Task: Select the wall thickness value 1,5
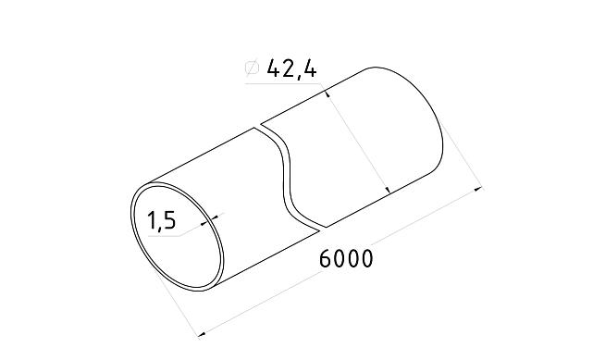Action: coord(162,221)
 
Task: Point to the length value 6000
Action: coord(346,258)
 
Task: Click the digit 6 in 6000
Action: coord(326,258)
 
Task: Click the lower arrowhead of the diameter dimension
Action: coord(388,189)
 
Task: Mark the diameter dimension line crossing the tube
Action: coord(359,142)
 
